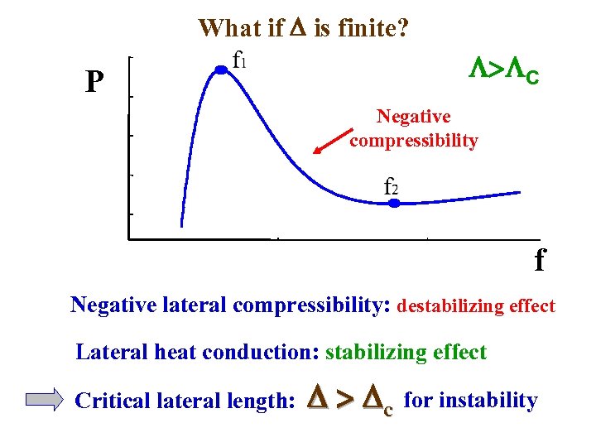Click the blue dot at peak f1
(x=221, y=71)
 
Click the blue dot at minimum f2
(x=395, y=202)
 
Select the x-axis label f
(x=540, y=261)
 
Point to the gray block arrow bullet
(x=44, y=401)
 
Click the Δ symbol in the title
(x=298, y=28)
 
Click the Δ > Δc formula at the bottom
(x=348, y=401)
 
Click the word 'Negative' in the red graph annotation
(x=414, y=117)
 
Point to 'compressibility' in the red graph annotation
(x=414, y=140)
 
